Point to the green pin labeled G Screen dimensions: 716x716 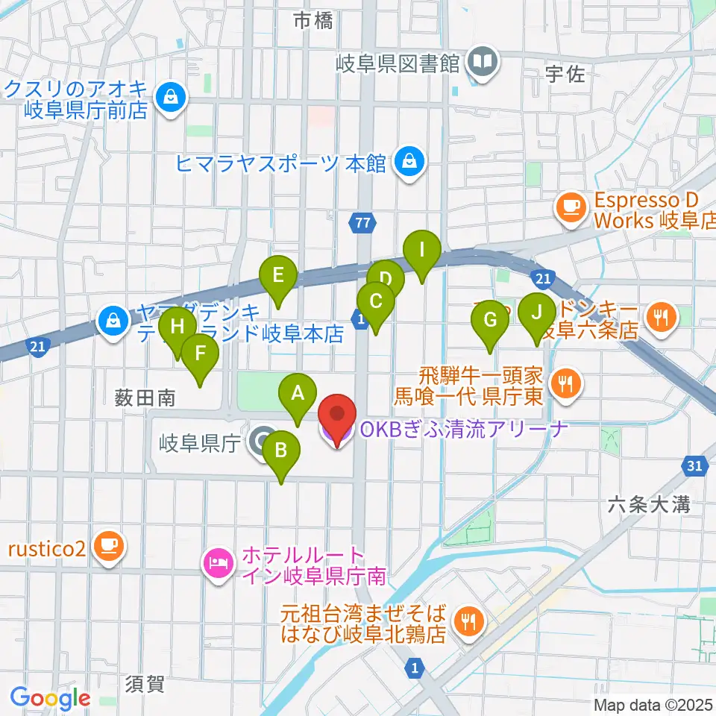490,321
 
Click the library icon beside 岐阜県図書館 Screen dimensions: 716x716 483,62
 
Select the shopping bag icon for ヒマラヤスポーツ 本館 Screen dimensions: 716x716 409,160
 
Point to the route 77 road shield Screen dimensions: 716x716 362,222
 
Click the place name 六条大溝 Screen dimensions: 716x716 647,505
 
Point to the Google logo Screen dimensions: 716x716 51,698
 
